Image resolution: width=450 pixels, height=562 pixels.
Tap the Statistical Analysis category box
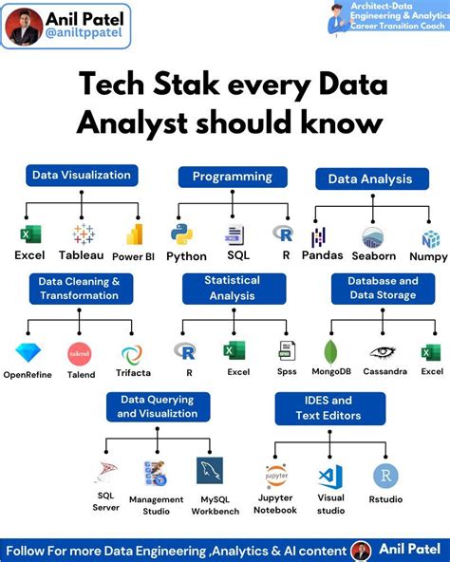pos(233,287)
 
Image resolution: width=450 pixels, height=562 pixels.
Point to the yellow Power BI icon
pos(135,234)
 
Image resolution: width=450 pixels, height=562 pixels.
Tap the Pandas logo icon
pos(319,236)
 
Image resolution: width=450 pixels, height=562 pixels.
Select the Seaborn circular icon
pos(373,237)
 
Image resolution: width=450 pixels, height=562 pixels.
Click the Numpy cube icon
pos(430,238)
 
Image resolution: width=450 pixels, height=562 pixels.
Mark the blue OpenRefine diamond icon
pos(28,354)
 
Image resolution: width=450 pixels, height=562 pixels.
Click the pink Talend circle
pos(79,354)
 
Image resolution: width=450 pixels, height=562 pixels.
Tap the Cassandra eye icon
pos(383,351)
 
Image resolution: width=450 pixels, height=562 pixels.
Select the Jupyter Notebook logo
pos(276,475)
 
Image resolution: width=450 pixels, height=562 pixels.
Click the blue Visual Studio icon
pos(330,476)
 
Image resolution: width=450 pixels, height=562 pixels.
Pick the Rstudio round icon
pos(385,476)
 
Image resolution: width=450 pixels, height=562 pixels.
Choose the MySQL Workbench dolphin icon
pos(209,470)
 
